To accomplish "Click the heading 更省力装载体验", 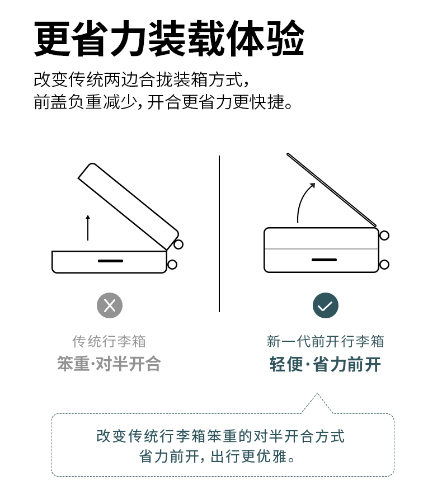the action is click(169, 38).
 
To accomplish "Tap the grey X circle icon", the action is click(110, 305).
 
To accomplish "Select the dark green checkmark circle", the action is click(325, 305).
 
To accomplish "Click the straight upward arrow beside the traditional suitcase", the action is click(88, 228).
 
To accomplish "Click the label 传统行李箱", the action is click(109, 341).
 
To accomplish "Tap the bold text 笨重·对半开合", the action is click(109, 364).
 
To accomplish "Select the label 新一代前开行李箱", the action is click(325, 341).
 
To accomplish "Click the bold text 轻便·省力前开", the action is click(325, 364).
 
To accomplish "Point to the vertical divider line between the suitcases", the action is click(219, 234).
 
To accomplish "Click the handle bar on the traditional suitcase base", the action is click(110, 261).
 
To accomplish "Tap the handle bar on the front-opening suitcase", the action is click(324, 260).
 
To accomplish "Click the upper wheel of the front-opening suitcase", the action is click(384, 236).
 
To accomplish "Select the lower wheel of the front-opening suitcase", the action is click(384, 265).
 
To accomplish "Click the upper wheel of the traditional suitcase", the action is click(178, 244).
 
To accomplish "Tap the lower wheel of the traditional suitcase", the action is click(172, 265).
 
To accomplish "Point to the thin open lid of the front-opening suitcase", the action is click(332, 190).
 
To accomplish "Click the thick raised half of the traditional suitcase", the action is click(128, 206).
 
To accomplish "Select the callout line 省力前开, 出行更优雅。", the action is click(217, 456).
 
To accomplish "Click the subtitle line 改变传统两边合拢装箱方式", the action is click(142, 79).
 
